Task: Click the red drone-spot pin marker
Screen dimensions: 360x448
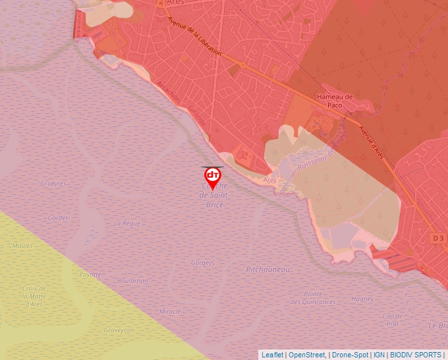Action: pyautogui.click(x=212, y=176)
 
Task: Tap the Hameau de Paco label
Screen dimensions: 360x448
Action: pyautogui.click(x=335, y=101)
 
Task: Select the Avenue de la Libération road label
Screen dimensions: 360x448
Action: pyautogui.click(x=195, y=38)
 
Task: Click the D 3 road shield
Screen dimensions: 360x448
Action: pyautogui.click(x=439, y=237)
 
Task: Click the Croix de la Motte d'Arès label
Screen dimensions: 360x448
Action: pyautogui.click(x=33, y=296)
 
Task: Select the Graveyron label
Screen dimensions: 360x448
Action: pyautogui.click(x=119, y=330)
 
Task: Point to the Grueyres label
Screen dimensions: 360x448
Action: pyautogui.click(x=53, y=184)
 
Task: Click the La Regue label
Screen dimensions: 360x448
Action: pyautogui.click(x=127, y=224)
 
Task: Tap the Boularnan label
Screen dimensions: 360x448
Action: pyautogui.click(x=132, y=280)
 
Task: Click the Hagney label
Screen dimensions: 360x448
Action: pyautogui.click(x=362, y=299)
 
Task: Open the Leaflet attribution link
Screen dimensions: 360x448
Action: pyautogui.click(x=272, y=355)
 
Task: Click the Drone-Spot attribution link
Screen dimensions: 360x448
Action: pyautogui.click(x=350, y=355)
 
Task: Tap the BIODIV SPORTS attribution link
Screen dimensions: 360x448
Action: pyautogui.click(x=415, y=355)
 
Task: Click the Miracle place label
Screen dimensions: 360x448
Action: pyautogui.click(x=171, y=311)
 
